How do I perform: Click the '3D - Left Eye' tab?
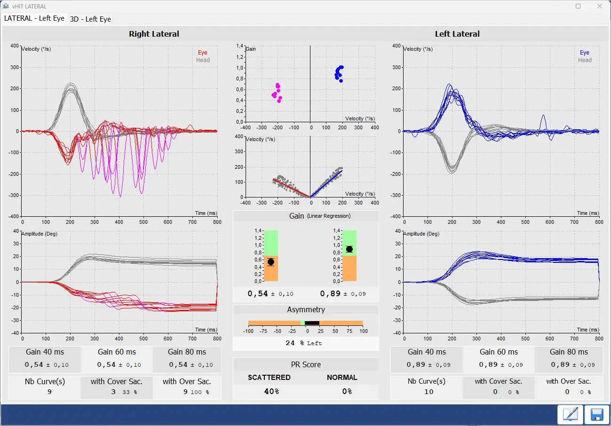pyautogui.click(x=90, y=19)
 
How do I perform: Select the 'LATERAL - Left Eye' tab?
pyautogui.click(x=34, y=18)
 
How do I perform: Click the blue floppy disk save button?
pyautogui.click(x=596, y=414)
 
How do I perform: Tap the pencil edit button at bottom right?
pyautogui.click(x=570, y=414)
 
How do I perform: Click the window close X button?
pyautogui.click(x=599, y=7)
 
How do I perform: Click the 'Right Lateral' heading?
pyautogui.click(x=154, y=34)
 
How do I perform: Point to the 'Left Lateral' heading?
pyautogui.click(x=457, y=34)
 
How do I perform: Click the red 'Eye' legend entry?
pyautogui.click(x=202, y=53)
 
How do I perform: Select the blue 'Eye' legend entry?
pyautogui.click(x=584, y=53)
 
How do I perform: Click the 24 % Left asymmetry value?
pyautogui.click(x=305, y=343)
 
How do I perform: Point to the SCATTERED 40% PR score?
pyautogui.click(x=270, y=391)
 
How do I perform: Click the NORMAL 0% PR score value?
pyautogui.click(x=347, y=391)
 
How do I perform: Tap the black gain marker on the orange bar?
pyautogui.click(x=270, y=262)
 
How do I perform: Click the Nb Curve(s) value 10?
pyautogui.click(x=428, y=392)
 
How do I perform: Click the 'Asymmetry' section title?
pyautogui.click(x=306, y=309)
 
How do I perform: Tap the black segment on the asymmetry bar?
pyautogui.click(x=312, y=323)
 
